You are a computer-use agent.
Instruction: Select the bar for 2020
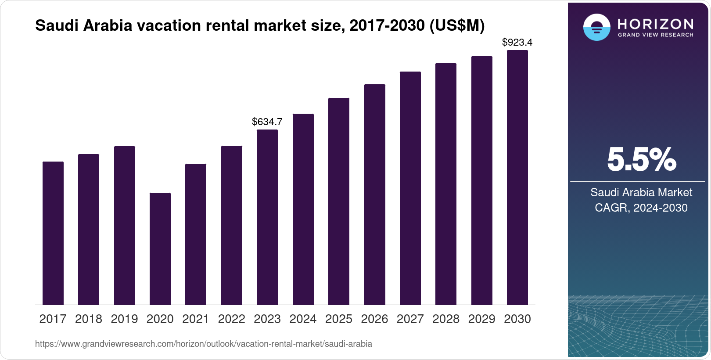click(160, 248)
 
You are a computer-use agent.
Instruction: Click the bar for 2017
click(53, 233)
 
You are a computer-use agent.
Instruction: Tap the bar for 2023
click(267, 217)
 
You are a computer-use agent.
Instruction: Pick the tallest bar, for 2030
click(517, 177)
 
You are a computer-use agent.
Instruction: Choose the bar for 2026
click(375, 194)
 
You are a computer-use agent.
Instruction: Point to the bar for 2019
click(125, 225)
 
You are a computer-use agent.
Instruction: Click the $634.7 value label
click(267, 122)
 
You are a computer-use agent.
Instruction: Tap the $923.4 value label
click(517, 42)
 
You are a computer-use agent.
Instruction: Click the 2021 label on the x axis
click(196, 319)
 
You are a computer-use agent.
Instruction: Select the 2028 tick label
click(446, 319)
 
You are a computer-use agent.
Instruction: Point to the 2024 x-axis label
click(303, 319)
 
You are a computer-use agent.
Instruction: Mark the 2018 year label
click(89, 319)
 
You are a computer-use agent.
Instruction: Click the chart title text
click(260, 25)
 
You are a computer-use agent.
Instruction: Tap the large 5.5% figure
click(641, 159)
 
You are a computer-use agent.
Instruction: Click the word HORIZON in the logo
click(655, 24)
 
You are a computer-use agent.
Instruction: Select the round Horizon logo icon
click(596, 27)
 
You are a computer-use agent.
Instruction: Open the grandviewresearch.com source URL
click(204, 344)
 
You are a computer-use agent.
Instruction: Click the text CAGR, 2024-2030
click(641, 208)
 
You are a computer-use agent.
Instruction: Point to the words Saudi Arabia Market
click(641, 192)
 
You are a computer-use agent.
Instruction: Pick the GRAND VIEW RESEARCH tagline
click(655, 35)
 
